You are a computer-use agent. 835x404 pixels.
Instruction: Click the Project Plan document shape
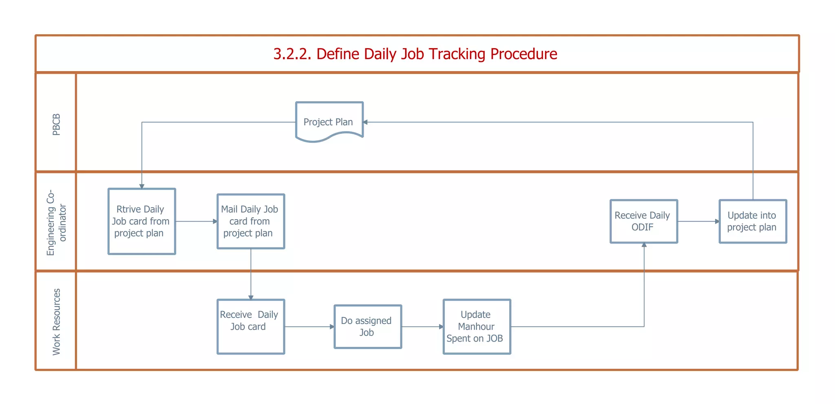[x=329, y=121]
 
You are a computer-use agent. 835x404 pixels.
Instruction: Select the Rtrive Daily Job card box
[x=141, y=221]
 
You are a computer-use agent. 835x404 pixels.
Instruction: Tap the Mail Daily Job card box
[x=250, y=221]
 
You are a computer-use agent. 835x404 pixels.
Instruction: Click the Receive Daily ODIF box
[x=643, y=221]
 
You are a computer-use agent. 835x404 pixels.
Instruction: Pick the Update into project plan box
[x=752, y=221]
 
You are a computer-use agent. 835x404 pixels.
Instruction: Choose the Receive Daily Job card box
[x=250, y=326]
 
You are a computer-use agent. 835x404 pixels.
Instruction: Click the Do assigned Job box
[x=367, y=326]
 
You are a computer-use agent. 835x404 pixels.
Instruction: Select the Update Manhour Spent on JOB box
[x=476, y=326]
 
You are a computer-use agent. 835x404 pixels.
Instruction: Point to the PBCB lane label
[x=56, y=124]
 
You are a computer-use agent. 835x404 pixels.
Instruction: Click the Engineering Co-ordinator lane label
[x=56, y=222]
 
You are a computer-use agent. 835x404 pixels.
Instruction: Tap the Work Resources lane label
[x=56, y=322]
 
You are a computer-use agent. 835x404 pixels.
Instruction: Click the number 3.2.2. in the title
[x=292, y=54]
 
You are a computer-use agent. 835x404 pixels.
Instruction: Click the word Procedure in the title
[x=524, y=54]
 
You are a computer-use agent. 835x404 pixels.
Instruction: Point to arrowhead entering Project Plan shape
[x=365, y=122]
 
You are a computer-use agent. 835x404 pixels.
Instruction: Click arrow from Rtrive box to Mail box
[x=196, y=222]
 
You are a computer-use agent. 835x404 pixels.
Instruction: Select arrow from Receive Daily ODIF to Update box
[x=698, y=222]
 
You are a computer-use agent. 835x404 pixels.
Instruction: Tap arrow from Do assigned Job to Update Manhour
[x=422, y=326]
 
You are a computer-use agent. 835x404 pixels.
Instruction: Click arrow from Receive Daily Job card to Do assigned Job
[x=309, y=326]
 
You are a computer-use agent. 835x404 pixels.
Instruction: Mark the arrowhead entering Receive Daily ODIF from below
[x=644, y=245]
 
